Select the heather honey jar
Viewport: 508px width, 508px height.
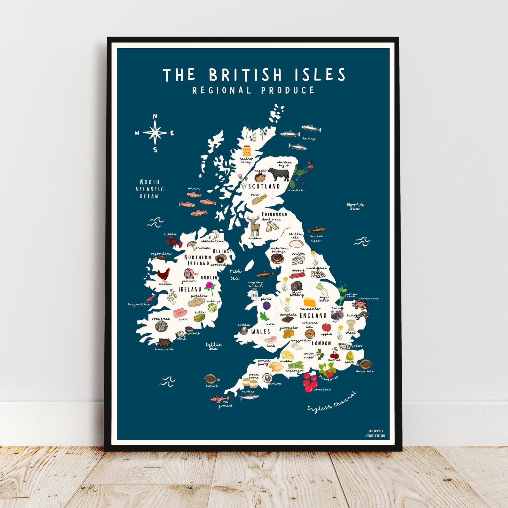point(247,151)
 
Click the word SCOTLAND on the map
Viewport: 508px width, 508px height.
point(264,186)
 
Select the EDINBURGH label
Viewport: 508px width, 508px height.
point(275,214)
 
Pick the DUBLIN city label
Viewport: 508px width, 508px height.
point(209,278)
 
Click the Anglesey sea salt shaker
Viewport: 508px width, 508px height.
point(255,293)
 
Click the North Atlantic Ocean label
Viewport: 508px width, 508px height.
point(149,189)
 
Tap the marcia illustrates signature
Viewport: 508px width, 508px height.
point(375,433)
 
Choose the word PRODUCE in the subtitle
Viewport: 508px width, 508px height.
point(288,90)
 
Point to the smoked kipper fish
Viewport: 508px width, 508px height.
point(317,230)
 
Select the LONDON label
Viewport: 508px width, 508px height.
point(321,343)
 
